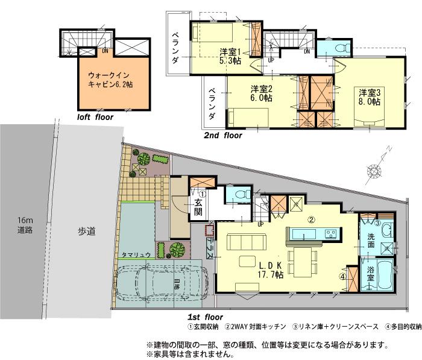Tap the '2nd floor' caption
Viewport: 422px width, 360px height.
coord(223,136)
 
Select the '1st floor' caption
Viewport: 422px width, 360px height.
coord(206,317)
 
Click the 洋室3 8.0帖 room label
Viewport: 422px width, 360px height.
coord(370,97)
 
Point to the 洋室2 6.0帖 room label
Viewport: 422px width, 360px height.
coord(261,93)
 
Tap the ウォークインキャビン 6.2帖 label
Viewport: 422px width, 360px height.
coord(110,81)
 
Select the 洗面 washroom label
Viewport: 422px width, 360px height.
coord(372,242)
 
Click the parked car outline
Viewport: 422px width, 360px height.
coord(160,285)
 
